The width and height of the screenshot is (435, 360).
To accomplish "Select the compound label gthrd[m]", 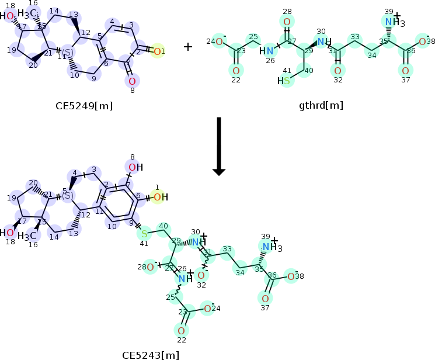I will click(x=321, y=106).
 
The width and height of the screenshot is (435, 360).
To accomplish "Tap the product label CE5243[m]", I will click(x=151, y=354).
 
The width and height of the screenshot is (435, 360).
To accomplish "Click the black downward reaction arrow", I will click(x=219, y=146).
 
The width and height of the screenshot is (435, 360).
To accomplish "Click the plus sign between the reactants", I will click(x=188, y=47).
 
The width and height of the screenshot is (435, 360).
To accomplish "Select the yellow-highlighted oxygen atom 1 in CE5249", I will click(x=158, y=51).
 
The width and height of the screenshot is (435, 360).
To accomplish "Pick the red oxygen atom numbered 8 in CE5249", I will click(x=132, y=81).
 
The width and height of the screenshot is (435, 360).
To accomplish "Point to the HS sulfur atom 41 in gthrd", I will click(x=285, y=81).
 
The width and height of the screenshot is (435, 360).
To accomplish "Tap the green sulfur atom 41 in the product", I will click(x=144, y=234).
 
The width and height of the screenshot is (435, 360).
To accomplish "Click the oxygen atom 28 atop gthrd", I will click(x=287, y=22).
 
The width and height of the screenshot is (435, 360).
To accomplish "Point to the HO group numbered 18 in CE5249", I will click(x=9, y=16).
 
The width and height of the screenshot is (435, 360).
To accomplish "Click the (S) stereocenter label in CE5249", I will click(x=68, y=53).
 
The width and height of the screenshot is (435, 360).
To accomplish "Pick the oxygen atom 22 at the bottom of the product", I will click(x=182, y=331).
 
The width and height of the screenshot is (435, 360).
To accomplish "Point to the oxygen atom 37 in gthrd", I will click(x=404, y=71).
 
